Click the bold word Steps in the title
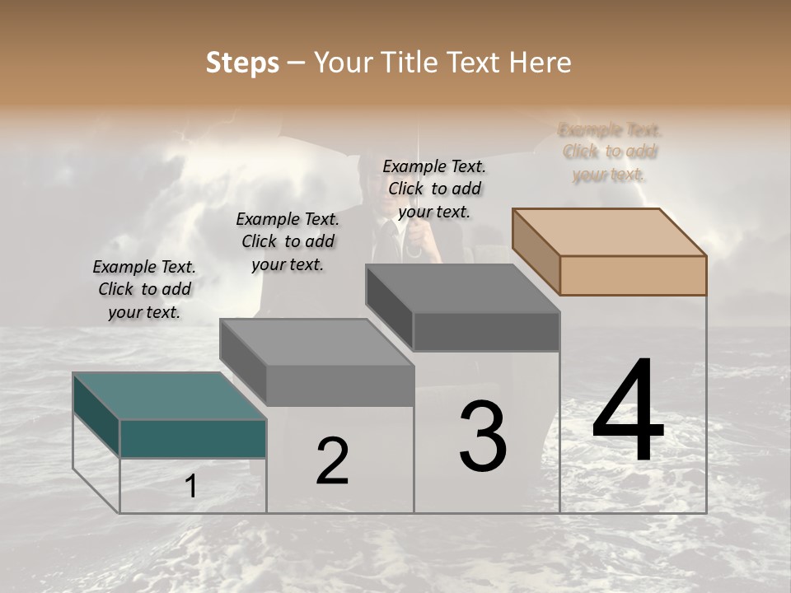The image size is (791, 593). click(242, 63)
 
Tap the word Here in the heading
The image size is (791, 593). click(541, 63)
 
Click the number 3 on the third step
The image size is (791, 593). click(483, 436)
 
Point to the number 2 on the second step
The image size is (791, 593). click(332, 461)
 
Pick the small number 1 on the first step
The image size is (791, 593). click(191, 487)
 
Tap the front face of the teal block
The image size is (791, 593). click(193, 438)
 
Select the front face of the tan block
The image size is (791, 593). click(633, 275)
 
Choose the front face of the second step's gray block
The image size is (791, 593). click(339, 385)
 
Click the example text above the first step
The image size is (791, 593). click(144, 290)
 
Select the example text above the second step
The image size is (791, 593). click(288, 241)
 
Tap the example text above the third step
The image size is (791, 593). click(434, 189)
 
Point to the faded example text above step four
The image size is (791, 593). click(610, 152)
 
